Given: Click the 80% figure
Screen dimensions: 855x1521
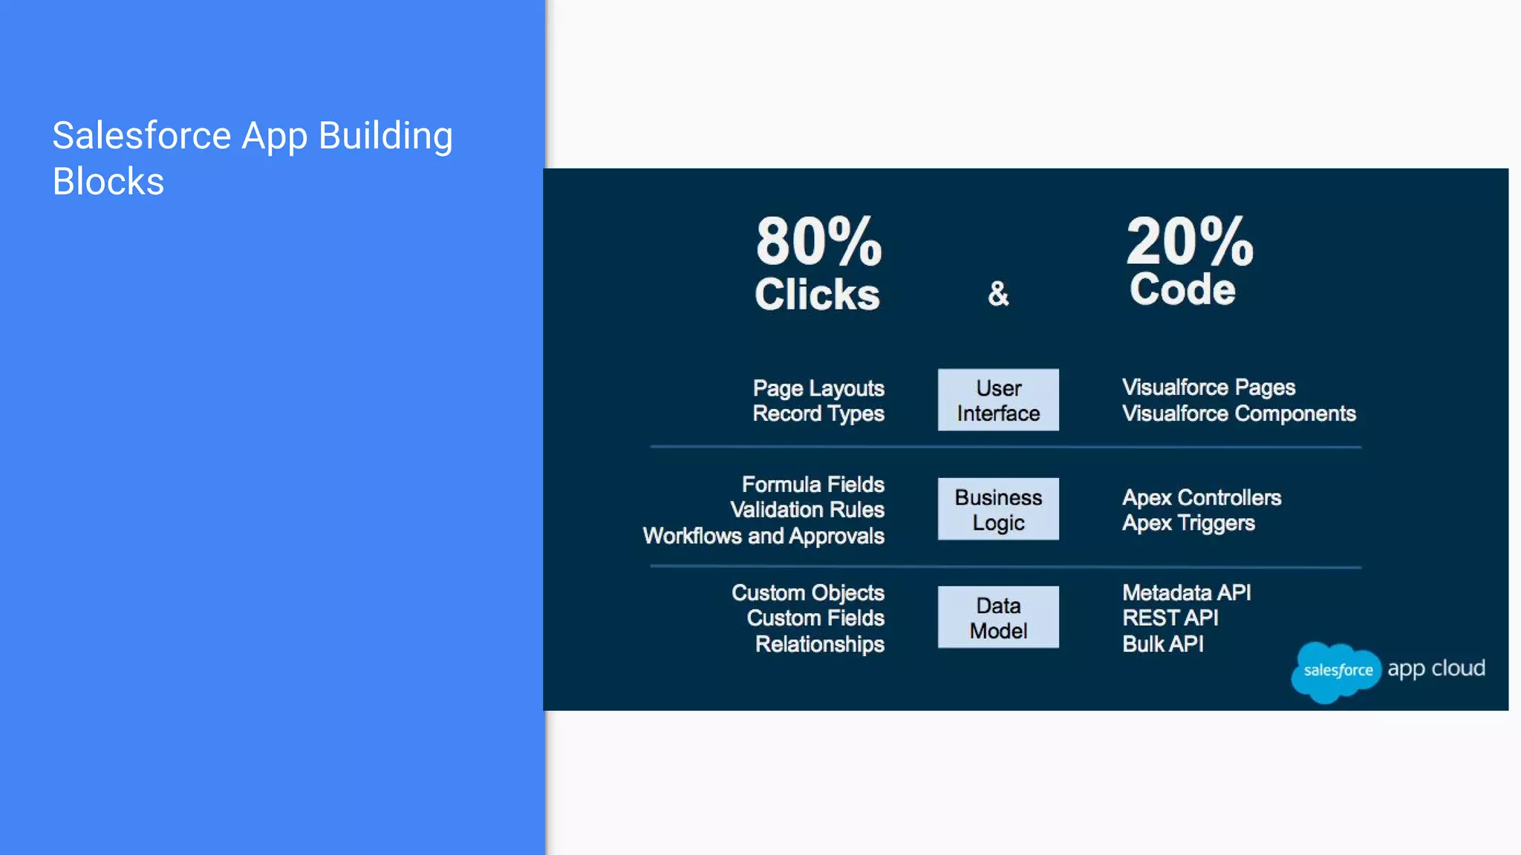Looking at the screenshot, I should (x=818, y=242).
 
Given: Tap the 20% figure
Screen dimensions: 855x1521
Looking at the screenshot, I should (x=1189, y=242).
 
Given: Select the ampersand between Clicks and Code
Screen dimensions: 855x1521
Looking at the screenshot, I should (x=998, y=294).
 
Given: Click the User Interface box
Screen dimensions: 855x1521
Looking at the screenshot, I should (x=998, y=400).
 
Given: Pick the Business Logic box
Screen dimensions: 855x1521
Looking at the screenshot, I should (x=998, y=509).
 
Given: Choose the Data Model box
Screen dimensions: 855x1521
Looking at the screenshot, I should (x=998, y=617).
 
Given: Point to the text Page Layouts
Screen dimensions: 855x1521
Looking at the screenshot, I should (x=818, y=388).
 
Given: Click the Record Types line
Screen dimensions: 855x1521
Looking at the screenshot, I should (x=818, y=414).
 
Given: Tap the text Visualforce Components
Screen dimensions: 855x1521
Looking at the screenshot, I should (x=1238, y=413).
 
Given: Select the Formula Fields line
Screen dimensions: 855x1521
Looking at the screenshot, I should (x=812, y=485).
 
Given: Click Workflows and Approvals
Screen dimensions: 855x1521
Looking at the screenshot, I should (x=763, y=536).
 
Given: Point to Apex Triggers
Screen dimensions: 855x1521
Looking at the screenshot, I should (x=1188, y=523).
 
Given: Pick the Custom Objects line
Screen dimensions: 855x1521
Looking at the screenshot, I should (x=807, y=593).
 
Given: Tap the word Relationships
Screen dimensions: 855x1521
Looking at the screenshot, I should (x=819, y=644).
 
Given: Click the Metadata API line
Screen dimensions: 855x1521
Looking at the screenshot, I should (x=1186, y=593).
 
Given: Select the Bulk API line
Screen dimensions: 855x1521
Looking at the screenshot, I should (x=1162, y=644).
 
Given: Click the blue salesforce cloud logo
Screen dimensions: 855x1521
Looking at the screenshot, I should (x=1336, y=671).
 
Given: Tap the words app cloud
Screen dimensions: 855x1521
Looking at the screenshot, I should (x=1436, y=669).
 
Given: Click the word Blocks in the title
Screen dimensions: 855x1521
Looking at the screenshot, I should (x=108, y=182).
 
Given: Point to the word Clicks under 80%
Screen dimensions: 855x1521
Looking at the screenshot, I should (x=817, y=295).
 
